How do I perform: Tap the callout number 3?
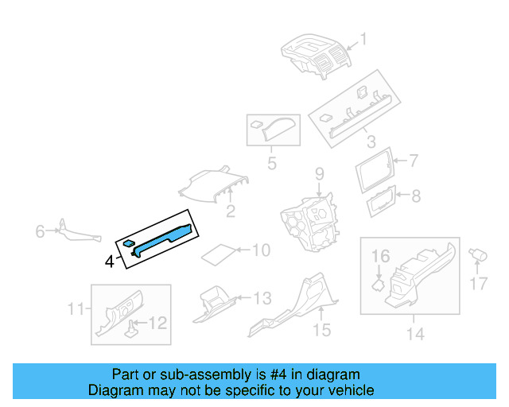pyautogui.click(x=371, y=142)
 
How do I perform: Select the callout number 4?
pyautogui.click(x=109, y=260)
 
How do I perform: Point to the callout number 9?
pyautogui.click(x=318, y=173)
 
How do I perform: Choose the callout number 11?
pyautogui.click(x=76, y=309)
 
